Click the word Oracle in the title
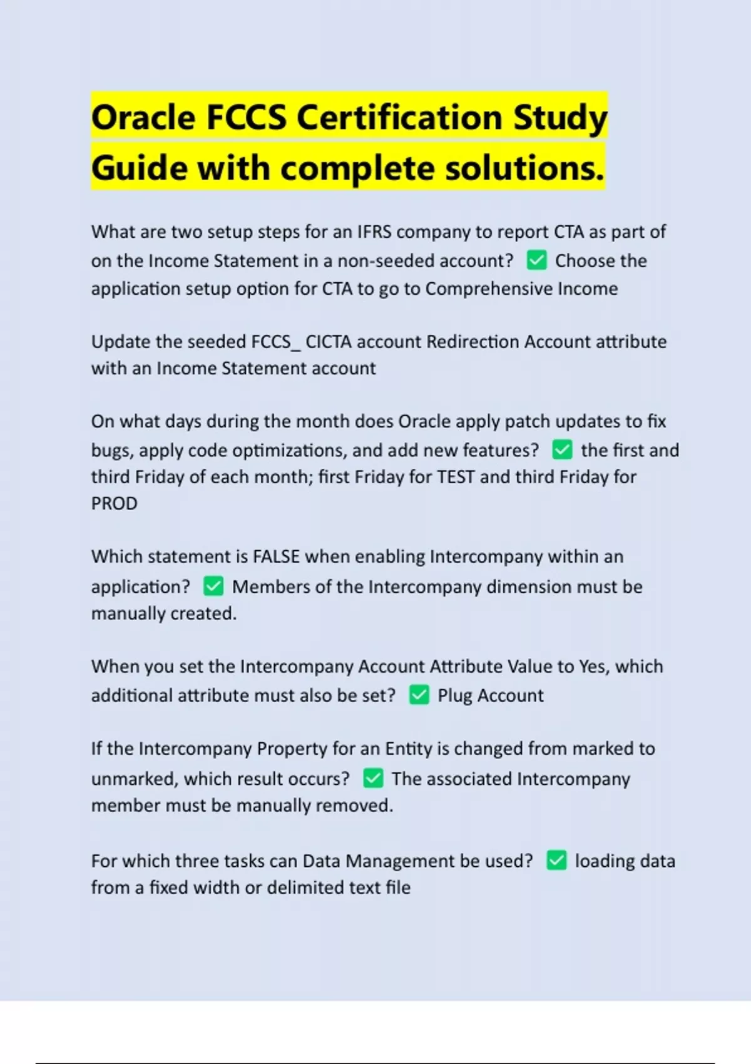(x=143, y=118)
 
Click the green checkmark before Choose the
(x=536, y=260)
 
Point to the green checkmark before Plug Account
(x=419, y=695)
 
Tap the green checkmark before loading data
(x=556, y=860)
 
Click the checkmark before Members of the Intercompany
(x=213, y=586)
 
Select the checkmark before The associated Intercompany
(x=373, y=778)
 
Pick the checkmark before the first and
(x=562, y=449)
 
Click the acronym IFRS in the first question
(x=374, y=232)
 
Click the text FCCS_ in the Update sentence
(x=276, y=342)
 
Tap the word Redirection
(x=473, y=342)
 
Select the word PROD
(x=114, y=503)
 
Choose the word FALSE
(x=276, y=556)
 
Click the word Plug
(x=455, y=695)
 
